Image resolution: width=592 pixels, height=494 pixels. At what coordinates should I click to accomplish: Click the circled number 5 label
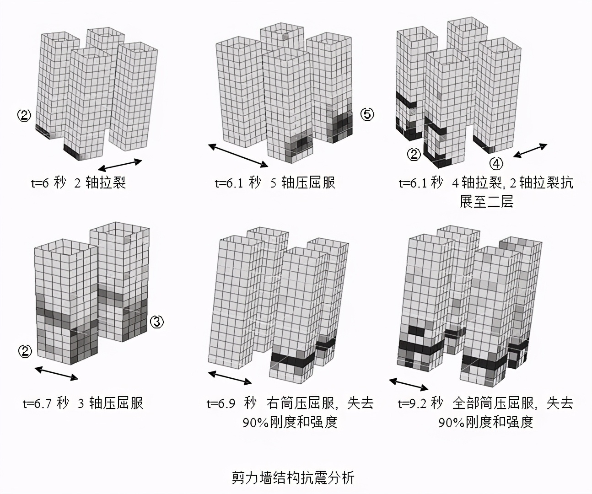(x=367, y=114)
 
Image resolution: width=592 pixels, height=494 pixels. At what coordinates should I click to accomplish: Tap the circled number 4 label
(x=496, y=163)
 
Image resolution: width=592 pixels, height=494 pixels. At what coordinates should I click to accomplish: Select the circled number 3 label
(x=157, y=322)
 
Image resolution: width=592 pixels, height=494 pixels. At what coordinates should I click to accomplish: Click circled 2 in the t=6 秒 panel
(x=24, y=115)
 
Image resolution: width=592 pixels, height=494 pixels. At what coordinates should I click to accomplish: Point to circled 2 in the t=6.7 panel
(x=25, y=351)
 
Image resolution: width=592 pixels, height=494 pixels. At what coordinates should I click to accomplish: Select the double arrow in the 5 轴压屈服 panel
(x=238, y=155)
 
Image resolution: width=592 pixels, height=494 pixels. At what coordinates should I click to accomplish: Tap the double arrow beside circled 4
(x=530, y=151)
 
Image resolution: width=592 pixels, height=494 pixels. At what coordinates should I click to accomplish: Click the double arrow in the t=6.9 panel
(x=230, y=377)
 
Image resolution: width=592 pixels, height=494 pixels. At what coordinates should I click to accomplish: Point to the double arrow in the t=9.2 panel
(x=409, y=384)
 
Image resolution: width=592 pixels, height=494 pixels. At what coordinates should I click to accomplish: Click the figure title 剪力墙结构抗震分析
(x=293, y=478)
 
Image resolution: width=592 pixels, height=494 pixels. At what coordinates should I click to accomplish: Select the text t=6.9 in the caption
(x=221, y=403)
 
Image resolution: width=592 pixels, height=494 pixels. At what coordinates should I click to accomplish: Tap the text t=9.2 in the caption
(x=414, y=403)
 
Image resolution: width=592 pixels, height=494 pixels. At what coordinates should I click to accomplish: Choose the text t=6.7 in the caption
(x=38, y=403)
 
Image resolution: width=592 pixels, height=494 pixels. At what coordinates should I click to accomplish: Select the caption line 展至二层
(x=486, y=202)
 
